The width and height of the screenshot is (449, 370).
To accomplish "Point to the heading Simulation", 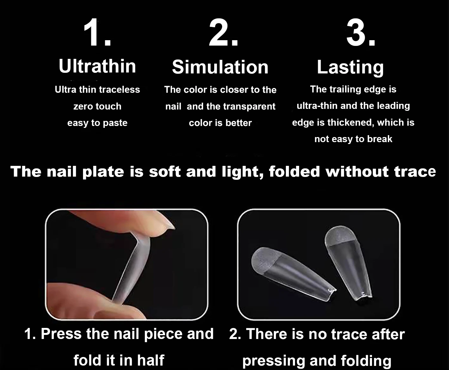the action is (x=220, y=67).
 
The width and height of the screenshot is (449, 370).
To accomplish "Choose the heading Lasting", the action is (x=350, y=67).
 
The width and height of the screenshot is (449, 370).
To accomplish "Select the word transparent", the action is (x=250, y=107).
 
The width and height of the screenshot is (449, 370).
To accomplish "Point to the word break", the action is (x=380, y=139).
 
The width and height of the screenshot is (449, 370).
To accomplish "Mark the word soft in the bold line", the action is (x=165, y=172).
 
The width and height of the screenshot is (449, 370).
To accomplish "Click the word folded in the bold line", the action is (x=294, y=172).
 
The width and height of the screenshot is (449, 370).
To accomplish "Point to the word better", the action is (x=239, y=123).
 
